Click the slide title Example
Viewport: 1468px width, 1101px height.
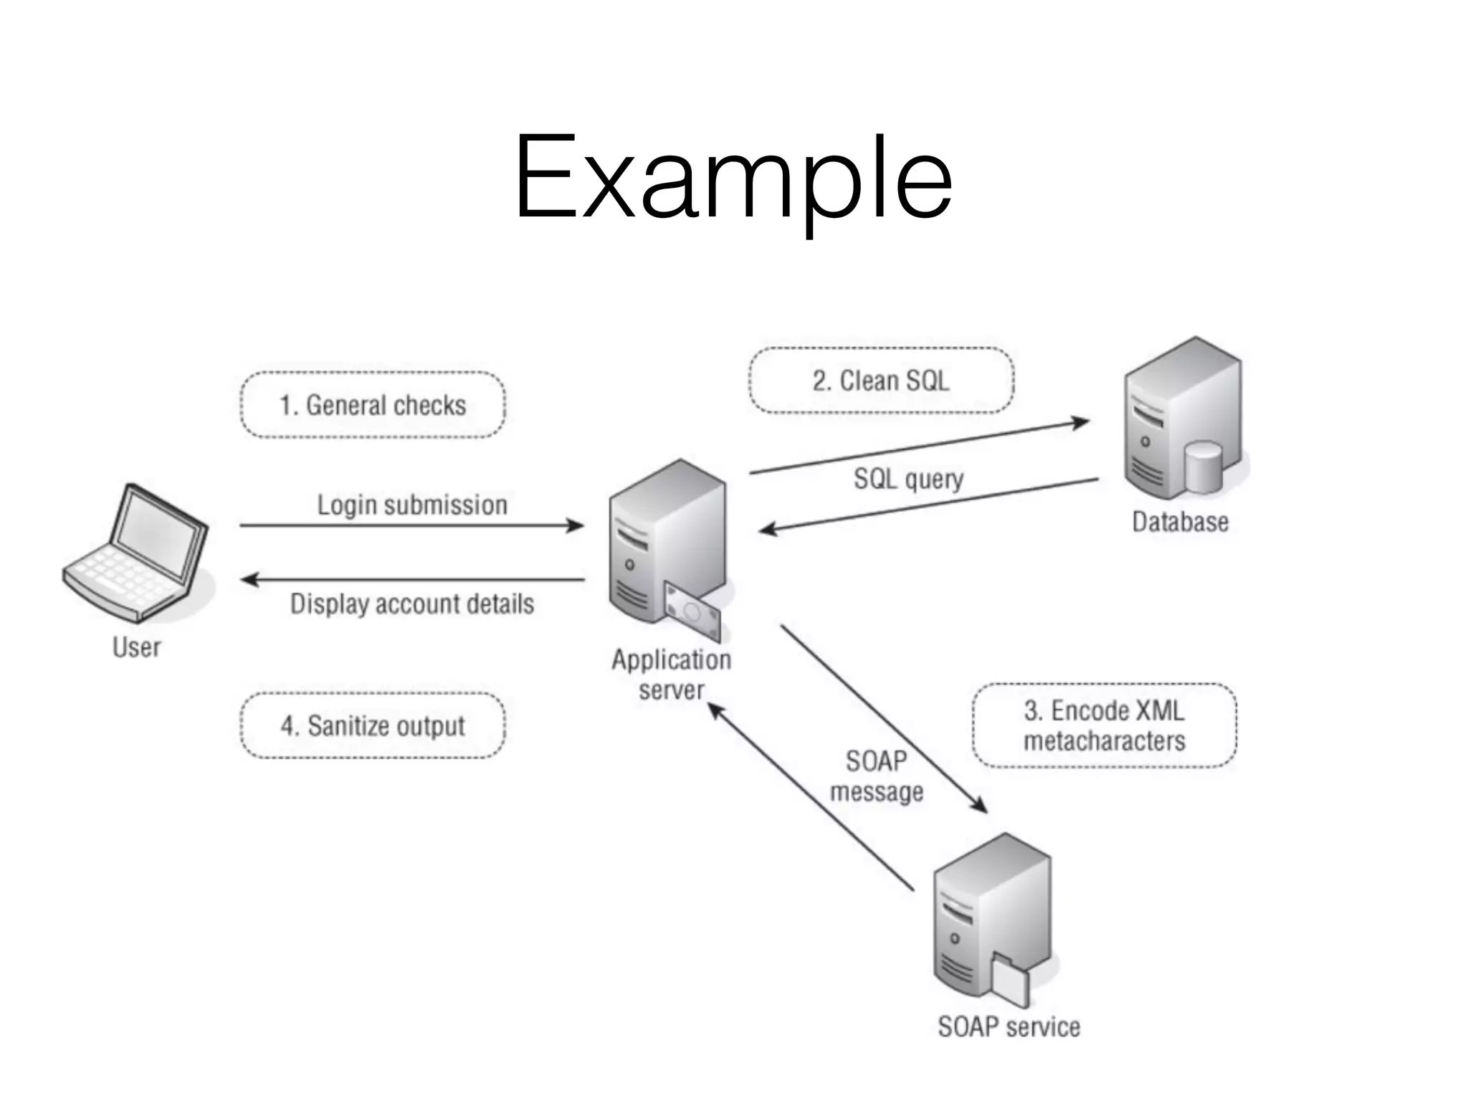733,179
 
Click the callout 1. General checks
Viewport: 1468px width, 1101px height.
373,405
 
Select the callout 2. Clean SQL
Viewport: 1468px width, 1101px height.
881,381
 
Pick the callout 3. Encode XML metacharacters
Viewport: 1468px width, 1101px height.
1104,725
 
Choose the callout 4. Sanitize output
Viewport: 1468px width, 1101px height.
373,725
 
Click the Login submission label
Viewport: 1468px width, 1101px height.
412,505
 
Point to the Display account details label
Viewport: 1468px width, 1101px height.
412,604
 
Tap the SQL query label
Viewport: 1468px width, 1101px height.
908,478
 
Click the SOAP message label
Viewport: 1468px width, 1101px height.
876,776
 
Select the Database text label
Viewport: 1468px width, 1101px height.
1180,522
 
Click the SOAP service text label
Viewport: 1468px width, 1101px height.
1009,1026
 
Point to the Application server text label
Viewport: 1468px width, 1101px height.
671,675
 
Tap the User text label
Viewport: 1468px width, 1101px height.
136,647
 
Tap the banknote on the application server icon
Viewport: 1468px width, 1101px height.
692,611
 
